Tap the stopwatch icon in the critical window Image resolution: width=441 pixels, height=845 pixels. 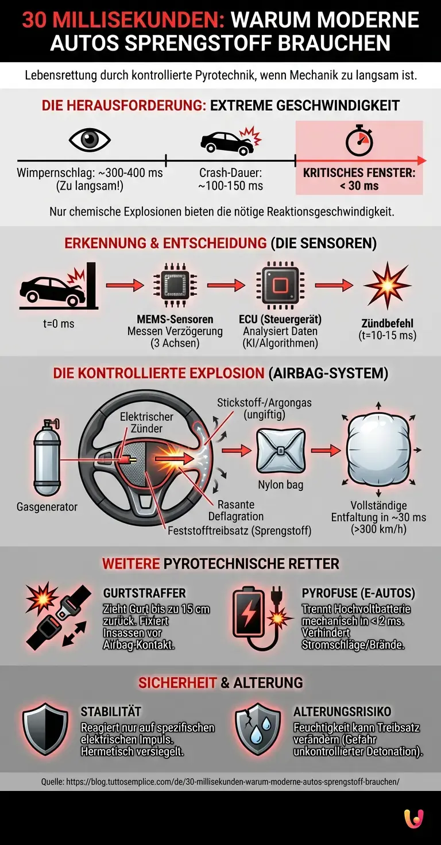(x=359, y=141)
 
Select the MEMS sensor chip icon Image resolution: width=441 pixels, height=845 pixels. (x=174, y=285)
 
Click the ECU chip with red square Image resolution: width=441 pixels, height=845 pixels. (x=280, y=285)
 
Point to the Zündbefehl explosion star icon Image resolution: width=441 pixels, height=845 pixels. (x=387, y=286)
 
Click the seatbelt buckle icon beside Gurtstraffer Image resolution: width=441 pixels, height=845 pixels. (x=57, y=616)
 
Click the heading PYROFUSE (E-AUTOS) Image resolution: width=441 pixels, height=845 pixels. (x=358, y=593)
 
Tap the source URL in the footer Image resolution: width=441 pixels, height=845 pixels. (x=220, y=782)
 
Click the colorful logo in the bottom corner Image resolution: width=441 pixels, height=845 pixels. (x=413, y=819)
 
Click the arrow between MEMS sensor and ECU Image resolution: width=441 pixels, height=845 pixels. (x=226, y=285)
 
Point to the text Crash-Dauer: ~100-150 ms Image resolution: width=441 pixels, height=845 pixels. (x=231, y=179)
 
